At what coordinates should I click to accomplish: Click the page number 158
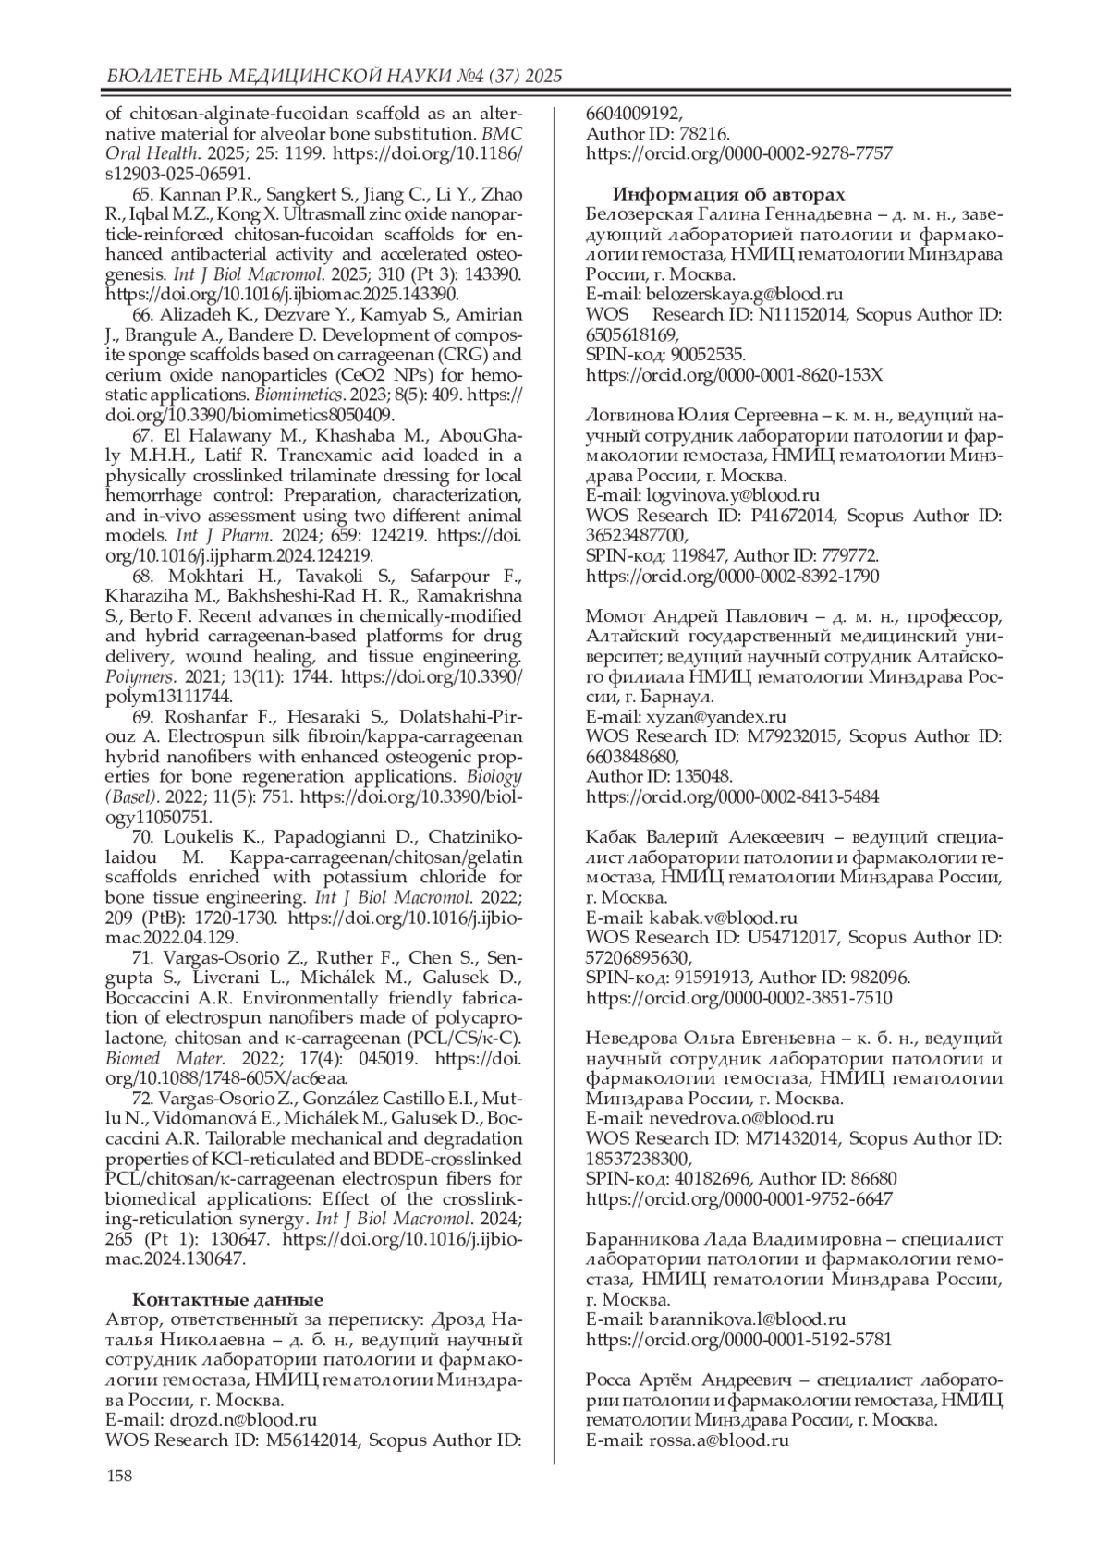(119, 1476)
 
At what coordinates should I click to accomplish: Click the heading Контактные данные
(227, 1299)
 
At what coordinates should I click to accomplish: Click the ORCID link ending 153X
(735, 375)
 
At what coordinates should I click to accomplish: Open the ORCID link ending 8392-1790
(733, 576)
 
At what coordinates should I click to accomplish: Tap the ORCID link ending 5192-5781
(739, 1339)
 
